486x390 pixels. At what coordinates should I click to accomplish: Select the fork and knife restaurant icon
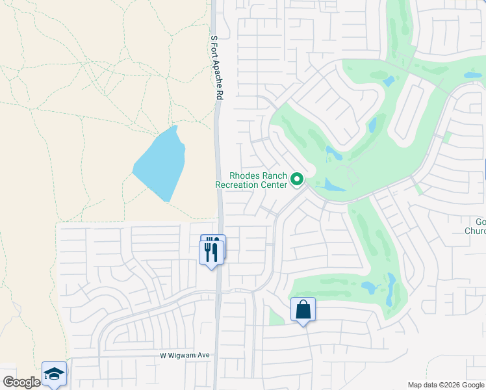tap(212, 251)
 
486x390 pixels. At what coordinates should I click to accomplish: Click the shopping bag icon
tap(303, 309)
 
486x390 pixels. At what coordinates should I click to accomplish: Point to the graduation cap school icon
tap(55, 373)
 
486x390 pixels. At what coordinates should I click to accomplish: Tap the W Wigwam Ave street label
tap(185, 356)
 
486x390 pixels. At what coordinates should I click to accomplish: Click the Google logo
tap(21, 382)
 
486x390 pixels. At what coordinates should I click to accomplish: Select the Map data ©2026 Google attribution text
tap(446, 385)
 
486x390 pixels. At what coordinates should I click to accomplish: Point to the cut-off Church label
tap(476, 230)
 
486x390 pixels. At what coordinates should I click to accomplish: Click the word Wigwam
tap(184, 356)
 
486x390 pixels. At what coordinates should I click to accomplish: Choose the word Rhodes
tap(244, 175)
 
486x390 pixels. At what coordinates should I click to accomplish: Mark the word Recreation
tap(238, 185)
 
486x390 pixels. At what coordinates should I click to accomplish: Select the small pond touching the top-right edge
tap(473, 75)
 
